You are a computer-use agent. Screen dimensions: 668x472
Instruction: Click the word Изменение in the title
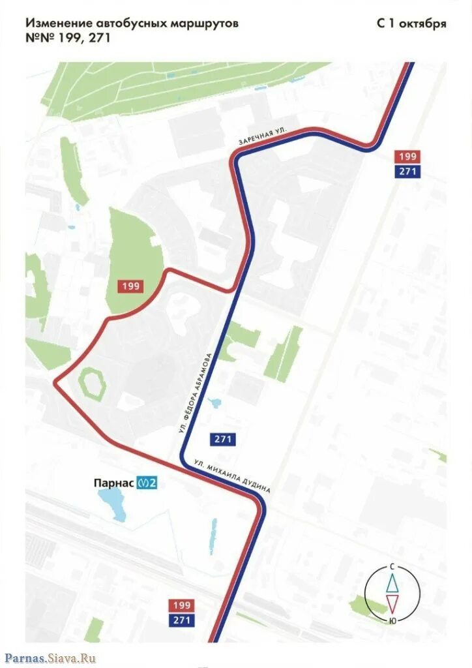coord(59,23)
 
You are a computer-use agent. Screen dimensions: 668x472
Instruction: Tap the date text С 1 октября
coord(411,23)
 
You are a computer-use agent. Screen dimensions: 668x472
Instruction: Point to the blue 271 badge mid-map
coord(222,439)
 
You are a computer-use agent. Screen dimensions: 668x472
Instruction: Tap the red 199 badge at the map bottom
coord(182,605)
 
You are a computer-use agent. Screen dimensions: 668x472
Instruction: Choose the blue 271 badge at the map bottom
coord(182,620)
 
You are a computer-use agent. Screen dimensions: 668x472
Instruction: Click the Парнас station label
coord(113,483)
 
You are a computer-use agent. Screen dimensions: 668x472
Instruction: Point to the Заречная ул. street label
coord(263,136)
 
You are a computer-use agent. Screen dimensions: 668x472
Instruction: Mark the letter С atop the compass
coord(392,565)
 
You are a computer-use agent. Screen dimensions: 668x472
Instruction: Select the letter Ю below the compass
coord(392,620)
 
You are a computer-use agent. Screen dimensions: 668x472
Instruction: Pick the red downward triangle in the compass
coord(392,603)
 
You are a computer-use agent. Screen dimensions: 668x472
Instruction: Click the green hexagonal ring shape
coord(91,383)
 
